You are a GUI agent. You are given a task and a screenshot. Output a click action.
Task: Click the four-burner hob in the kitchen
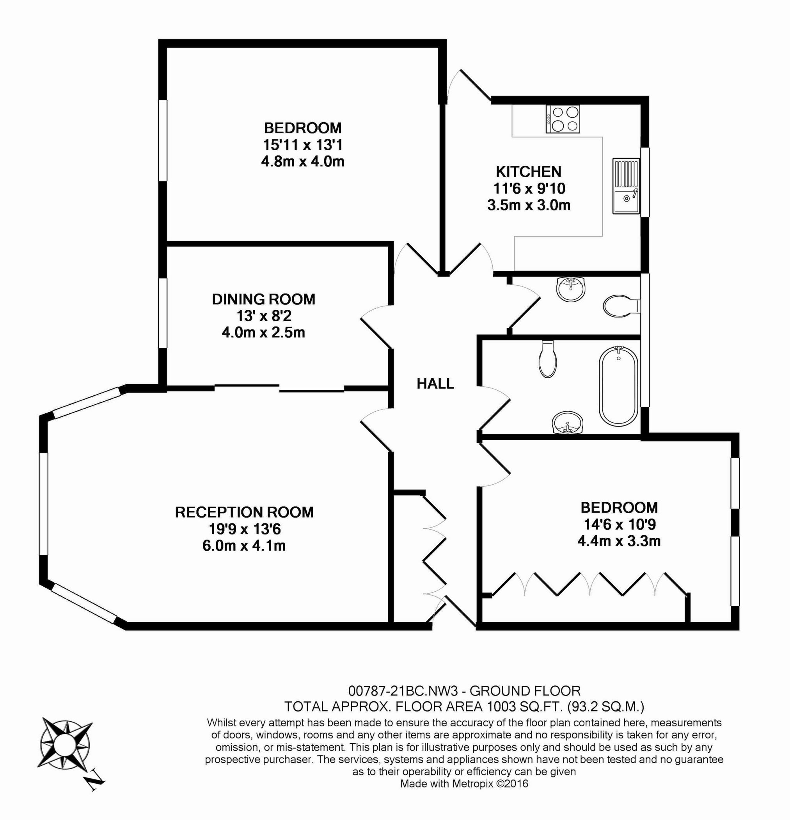click(x=563, y=119)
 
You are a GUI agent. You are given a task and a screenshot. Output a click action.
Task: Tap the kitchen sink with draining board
click(x=626, y=186)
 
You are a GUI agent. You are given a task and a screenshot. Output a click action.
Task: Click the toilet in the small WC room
click(x=621, y=306)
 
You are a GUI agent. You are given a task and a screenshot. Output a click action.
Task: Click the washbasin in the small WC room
click(x=571, y=289)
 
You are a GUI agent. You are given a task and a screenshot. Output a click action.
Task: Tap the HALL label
click(x=435, y=384)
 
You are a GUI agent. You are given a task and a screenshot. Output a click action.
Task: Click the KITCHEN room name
click(x=529, y=171)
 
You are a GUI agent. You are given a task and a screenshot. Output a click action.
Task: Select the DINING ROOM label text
click(x=263, y=299)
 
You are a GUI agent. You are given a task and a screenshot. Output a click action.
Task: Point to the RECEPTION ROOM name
click(x=244, y=512)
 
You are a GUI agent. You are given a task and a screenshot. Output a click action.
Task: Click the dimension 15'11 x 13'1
click(x=303, y=145)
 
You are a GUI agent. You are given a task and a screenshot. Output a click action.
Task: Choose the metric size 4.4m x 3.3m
click(x=619, y=541)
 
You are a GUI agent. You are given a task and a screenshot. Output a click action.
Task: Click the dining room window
click(x=162, y=313)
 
